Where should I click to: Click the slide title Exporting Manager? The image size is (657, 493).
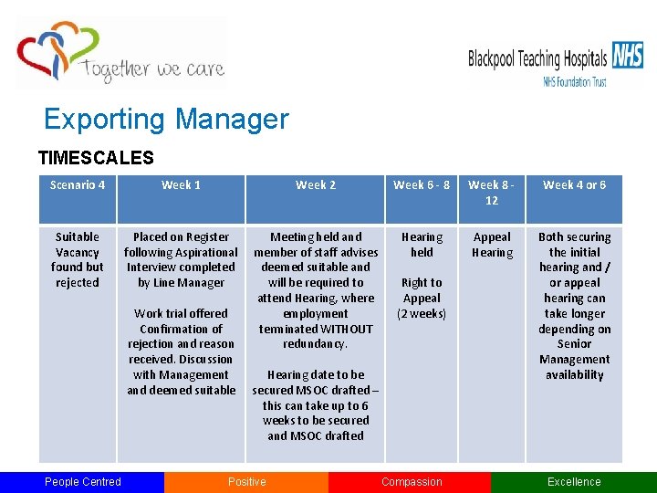click(x=166, y=120)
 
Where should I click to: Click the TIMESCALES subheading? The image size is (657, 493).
click(x=96, y=158)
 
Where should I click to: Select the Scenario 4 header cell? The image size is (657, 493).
click(x=78, y=185)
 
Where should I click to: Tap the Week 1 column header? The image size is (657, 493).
click(x=181, y=185)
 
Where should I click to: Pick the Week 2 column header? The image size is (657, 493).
click(x=316, y=185)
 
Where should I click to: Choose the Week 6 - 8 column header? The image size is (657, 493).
click(x=422, y=185)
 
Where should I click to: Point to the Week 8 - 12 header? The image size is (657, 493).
click(x=492, y=193)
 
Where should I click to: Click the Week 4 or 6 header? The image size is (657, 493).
click(x=574, y=185)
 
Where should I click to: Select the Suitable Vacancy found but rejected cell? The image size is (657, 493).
click(x=78, y=259)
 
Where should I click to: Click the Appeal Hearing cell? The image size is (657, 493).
click(x=492, y=245)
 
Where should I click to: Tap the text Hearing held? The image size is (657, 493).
click(x=422, y=245)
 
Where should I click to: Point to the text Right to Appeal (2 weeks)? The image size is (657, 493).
click(x=422, y=299)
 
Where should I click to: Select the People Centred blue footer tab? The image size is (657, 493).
click(x=82, y=482)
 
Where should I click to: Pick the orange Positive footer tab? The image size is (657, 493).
click(x=247, y=482)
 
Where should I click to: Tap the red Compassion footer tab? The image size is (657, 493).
click(x=412, y=482)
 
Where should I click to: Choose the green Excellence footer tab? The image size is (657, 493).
click(x=574, y=482)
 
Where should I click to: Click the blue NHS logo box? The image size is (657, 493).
click(x=628, y=56)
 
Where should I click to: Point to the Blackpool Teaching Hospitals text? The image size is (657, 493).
click(x=537, y=60)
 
